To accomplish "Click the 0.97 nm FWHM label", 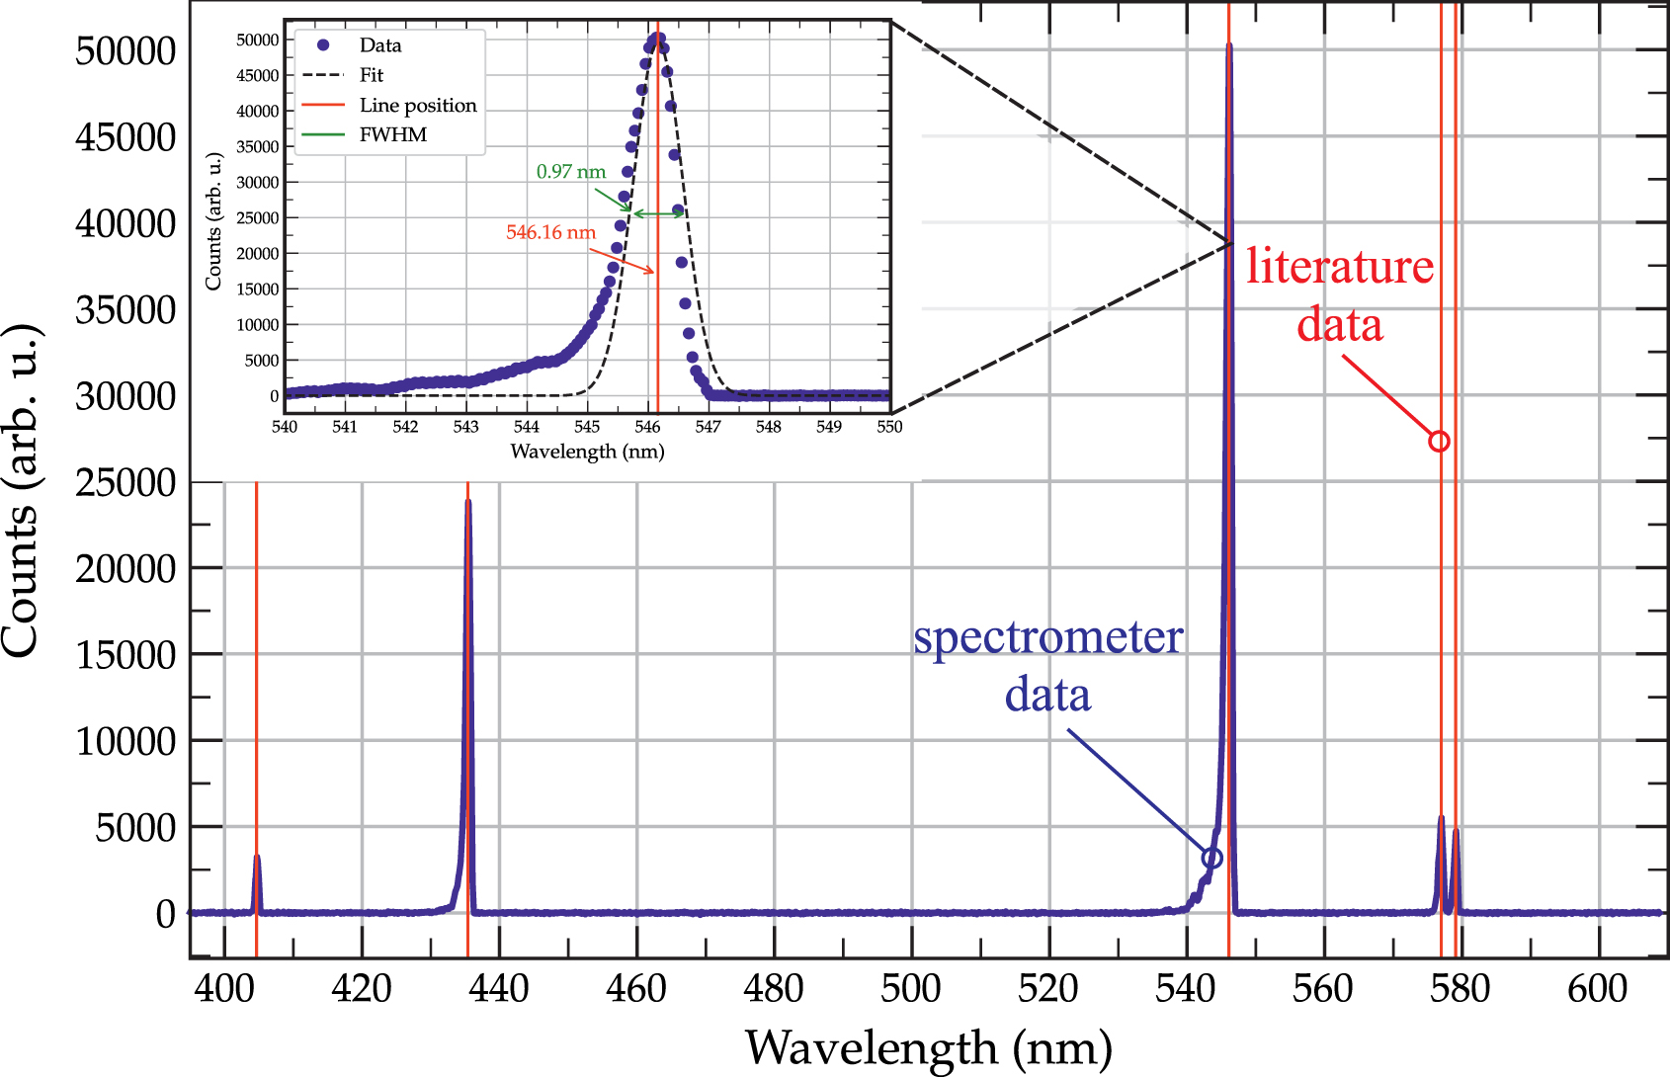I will [x=570, y=172].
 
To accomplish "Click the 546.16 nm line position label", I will [x=550, y=233].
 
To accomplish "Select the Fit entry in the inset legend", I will [x=371, y=75].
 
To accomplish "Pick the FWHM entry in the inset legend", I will [x=392, y=134].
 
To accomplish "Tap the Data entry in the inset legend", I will [x=379, y=45].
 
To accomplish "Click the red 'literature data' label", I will [x=1339, y=295].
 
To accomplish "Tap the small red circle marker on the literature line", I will [x=1439, y=442].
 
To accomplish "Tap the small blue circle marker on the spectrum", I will [x=1211, y=858].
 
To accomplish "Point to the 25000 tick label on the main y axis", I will [x=125, y=483].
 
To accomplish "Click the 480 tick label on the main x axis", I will [x=774, y=988].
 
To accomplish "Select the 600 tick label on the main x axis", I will [x=1597, y=988].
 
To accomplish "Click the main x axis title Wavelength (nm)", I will [x=928, y=1048].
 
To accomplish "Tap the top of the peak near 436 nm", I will [x=467, y=502].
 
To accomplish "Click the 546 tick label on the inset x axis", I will [x=647, y=427].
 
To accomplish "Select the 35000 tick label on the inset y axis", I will [x=257, y=147].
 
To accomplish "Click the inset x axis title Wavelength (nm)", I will [x=587, y=452].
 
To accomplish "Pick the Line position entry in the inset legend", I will [x=417, y=106].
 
